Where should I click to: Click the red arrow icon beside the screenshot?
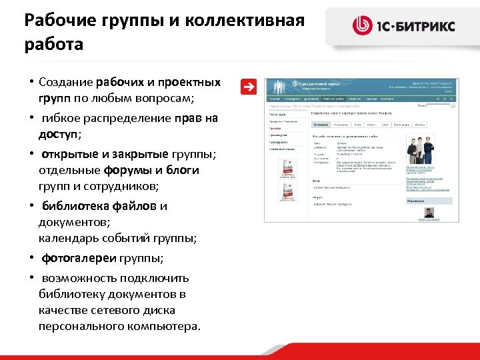point(248,86)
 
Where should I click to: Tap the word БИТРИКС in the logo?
point(426,26)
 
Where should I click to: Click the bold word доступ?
point(58,134)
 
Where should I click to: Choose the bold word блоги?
point(179,170)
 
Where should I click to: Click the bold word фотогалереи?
point(79,258)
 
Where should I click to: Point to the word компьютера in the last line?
point(162,326)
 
